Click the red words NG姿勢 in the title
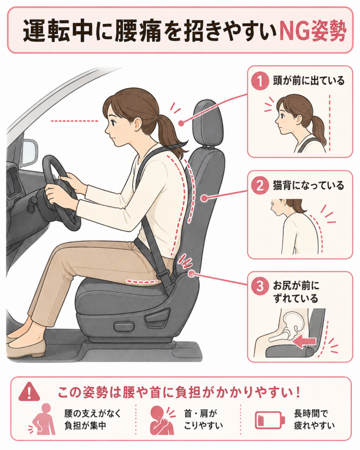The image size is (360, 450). point(313,31)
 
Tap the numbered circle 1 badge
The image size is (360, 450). point(260,81)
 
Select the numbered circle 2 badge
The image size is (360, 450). point(260,186)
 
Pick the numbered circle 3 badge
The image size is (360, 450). point(260,286)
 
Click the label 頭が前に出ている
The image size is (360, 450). point(309,81)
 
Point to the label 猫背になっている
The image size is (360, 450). point(309,186)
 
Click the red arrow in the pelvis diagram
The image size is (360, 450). point(304,342)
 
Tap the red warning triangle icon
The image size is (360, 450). point(29,392)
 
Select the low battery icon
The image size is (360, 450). point(270,420)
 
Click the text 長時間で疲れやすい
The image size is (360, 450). point(314,420)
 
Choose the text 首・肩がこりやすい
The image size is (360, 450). point(203,420)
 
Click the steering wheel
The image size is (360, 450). point(62,193)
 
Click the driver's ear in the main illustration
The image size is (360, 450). point(138,123)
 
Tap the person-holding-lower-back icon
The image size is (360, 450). point(43,420)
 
